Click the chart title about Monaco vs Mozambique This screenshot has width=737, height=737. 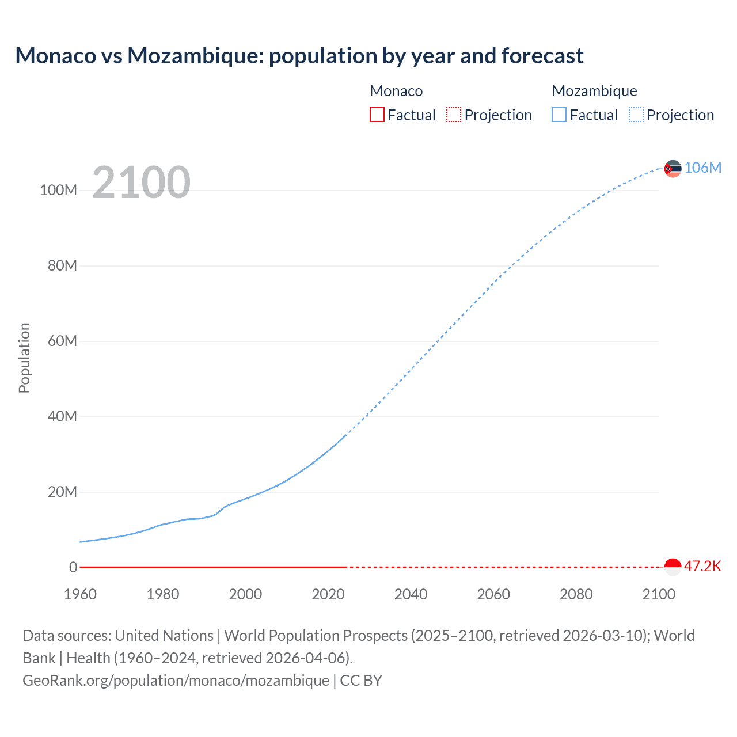coord(299,56)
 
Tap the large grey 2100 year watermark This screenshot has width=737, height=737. coord(141,182)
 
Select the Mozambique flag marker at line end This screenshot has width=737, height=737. coord(673,169)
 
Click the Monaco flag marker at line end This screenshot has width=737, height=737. coord(673,567)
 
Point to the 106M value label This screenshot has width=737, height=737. coord(702,168)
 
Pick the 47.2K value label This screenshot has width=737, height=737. coord(702,566)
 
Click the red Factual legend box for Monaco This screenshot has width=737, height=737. coord(377,115)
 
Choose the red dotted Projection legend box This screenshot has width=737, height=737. coord(454,115)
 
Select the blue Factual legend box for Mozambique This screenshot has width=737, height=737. coord(559,115)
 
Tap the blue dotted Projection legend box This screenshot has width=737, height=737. coord(636,115)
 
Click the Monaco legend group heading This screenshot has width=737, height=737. coord(396,91)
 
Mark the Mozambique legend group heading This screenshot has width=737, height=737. coord(594,91)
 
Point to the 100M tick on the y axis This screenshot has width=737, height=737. coord(58,191)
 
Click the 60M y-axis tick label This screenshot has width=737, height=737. coord(62,341)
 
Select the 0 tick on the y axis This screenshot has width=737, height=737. coord(73,568)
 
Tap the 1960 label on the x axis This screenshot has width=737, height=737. coord(80,594)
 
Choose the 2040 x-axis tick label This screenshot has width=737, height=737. coord(411,594)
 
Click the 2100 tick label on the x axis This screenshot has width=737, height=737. coord(658,594)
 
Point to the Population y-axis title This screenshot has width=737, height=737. coord(24,358)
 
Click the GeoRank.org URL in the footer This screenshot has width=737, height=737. coord(176,681)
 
